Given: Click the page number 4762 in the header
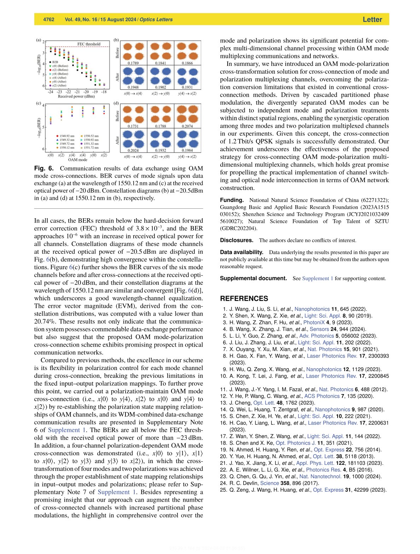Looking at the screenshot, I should point(49,19).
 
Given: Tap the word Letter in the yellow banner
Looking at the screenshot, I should point(372,19).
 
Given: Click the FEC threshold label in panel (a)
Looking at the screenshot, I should point(89,44).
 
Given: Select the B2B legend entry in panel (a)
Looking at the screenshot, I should point(56,62).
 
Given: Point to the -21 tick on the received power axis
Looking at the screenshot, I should point(77,92).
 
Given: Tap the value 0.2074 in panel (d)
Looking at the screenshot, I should point(187,126).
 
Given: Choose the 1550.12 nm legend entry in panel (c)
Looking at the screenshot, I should point(67,148).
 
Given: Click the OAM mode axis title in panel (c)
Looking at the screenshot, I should point(77,160).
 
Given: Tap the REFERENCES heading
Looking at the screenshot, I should point(244,299).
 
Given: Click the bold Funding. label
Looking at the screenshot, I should point(232,200).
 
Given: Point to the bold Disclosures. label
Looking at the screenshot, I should point(237,240).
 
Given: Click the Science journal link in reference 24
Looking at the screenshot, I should point(269,483).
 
